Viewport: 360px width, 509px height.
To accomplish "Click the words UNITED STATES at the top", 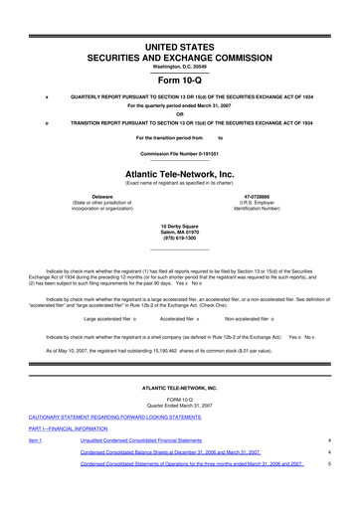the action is coord(180,20).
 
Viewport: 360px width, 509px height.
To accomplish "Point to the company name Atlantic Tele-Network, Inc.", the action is coord(180,171).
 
